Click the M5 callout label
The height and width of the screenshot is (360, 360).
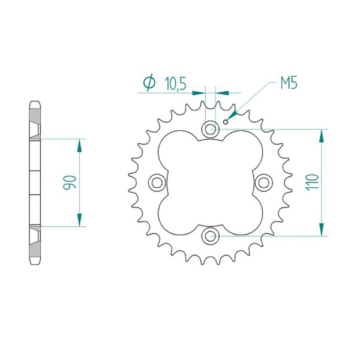pyautogui.click(x=289, y=83)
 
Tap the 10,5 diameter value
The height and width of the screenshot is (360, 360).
pyautogui.click(x=175, y=83)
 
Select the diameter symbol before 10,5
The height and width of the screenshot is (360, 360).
pyautogui.click(x=149, y=82)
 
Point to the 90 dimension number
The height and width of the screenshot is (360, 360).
pyautogui.click(x=70, y=182)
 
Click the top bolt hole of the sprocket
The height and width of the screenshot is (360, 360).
pyautogui.click(x=210, y=129)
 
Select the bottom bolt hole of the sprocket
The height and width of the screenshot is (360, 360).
pyautogui.click(x=210, y=236)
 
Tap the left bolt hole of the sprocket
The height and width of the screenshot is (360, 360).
pyautogui.click(x=157, y=182)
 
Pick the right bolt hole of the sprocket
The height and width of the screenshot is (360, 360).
pyautogui.click(x=264, y=182)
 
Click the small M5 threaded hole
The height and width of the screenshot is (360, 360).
pyautogui.click(x=226, y=122)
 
